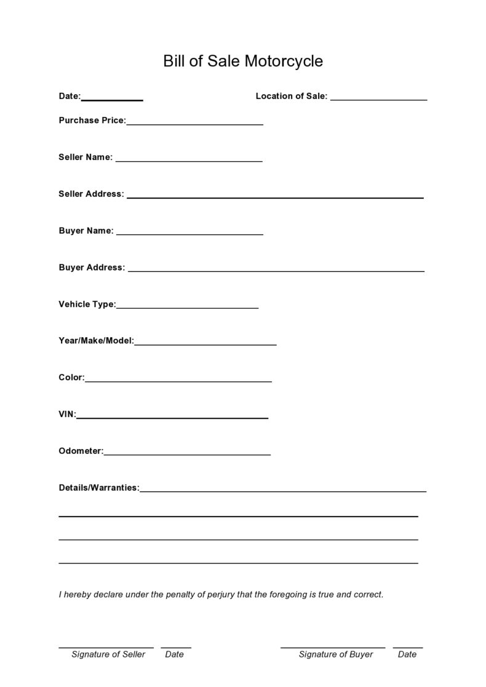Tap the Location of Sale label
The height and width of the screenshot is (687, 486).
(x=291, y=96)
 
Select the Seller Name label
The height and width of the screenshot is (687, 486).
(x=86, y=157)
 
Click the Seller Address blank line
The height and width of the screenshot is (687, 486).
(x=275, y=196)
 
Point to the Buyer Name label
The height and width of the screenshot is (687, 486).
(x=86, y=231)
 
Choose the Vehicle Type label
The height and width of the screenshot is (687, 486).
(x=87, y=304)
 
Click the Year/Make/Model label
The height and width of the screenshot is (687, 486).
(x=96, y=341)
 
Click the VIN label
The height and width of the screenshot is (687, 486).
(x=67, y=415)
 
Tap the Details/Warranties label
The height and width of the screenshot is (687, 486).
(x=99, y=488)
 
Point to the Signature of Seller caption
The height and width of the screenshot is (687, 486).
(x=108, y=654)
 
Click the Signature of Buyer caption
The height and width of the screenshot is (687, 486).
(x=336, y=654)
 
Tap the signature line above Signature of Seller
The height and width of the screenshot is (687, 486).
(x=106, y=647)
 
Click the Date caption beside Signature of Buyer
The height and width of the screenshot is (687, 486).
(x=407, y=654)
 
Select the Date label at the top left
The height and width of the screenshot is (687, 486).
(x=70, y=96)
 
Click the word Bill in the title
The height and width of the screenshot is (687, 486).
(x=174, y=62)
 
